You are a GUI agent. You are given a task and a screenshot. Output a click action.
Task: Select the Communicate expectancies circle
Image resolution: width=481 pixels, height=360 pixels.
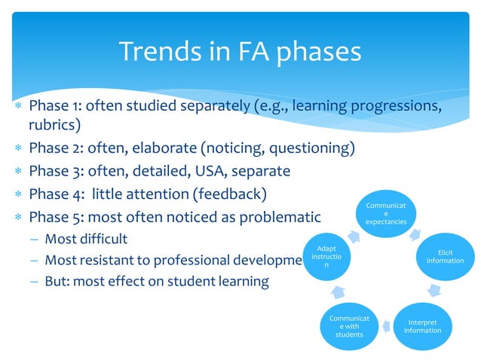[x=386, y=213]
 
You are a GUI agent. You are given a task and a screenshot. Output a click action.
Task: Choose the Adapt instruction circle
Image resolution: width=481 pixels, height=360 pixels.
[x=326, y=257]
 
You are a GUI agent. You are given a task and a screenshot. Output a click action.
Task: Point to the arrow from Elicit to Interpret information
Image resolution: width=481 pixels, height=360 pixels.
[x=436, y=291]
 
